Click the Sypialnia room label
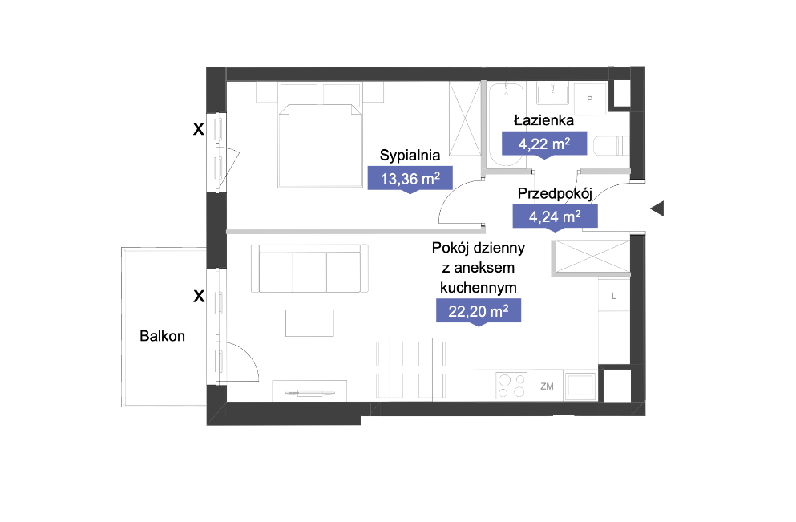[x=410, y=156]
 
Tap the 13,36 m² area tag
[x=410, y=179]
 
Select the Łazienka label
[x=543, y=120]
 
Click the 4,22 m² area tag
[x=544, y=144]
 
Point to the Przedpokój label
[x=555, y=193]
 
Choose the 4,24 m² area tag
[x=555, y=216]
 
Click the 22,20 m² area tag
[x=479, y=311]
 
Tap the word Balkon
[x=162, y=336]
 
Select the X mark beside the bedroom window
[x=199, y=129]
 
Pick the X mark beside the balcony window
[x=199, y=296]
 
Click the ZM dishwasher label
[x=547, y=386]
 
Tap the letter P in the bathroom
[x=589, y=99]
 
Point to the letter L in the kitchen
[x=614, y=296]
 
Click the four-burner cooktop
[x=511, y=386]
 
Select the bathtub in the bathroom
[x=506, y=125]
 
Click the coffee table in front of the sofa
[x=309, y=323]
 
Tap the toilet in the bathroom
[x=611, y=146]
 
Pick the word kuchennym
[x=479, y=288]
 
